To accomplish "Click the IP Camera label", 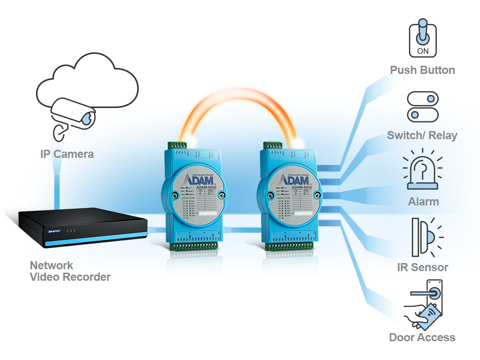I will [x=67, y=154].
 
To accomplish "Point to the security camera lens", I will [x=88, y=118].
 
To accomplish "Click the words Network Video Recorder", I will [x=70, y=271].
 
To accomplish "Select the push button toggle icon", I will [x=422, y=38].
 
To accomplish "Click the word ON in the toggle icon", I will [x=422, y=50].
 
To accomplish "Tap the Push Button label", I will [x=422, y=70].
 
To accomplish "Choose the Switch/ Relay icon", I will [x=422, y=107].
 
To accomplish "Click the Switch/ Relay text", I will [x=422, y=135].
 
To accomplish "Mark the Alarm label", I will [x=423, y=201].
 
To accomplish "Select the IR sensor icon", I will [x=425, y=237].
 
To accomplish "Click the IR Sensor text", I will [x=423, y=267].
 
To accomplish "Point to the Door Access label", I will [x=422, y=337].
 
